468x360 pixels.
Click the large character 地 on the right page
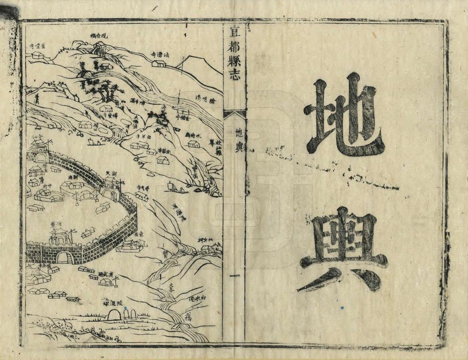[x=344, y=115]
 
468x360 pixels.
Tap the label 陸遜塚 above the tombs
[x=112, y=302]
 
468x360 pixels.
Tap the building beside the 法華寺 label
[x=160, y=63]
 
